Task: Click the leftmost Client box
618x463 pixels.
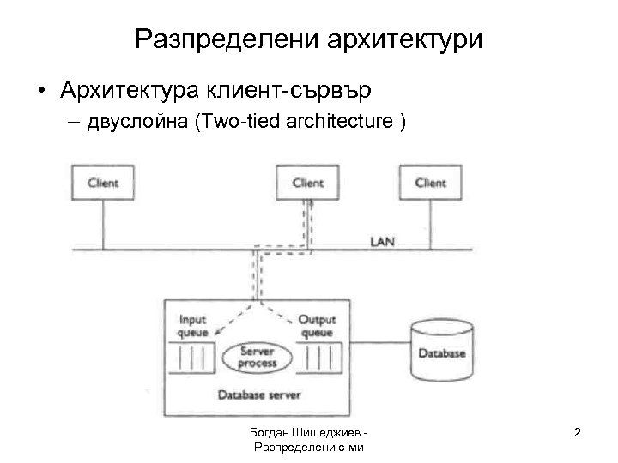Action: tap(103, 183)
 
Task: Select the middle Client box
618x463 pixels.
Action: tap(308, 183)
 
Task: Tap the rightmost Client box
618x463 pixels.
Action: tap(430, 183)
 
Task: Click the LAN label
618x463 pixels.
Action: tap(382, 241)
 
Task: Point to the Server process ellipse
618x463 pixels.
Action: tap(258, 358)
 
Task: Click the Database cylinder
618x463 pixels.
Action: tap(441, 352)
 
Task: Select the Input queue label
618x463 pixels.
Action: tap(193, 326)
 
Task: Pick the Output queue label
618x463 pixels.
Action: tap(317, 326)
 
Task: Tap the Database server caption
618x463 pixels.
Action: tap(253, 394)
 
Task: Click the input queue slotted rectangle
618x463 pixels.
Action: tap(193, 354)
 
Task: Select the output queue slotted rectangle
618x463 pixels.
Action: tap(319, 354)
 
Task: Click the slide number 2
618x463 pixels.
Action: tap(577, 433)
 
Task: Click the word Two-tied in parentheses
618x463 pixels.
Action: tap(228, 123)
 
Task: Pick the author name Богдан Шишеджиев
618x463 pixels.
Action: tap(307, 432)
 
